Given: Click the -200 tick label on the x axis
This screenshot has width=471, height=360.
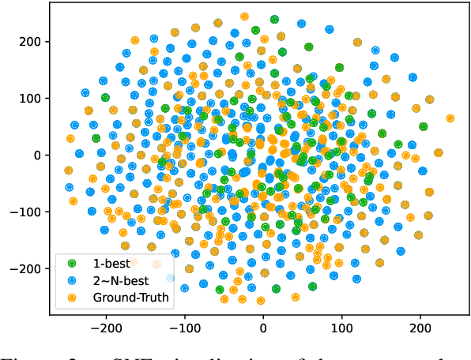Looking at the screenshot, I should pos(104,326).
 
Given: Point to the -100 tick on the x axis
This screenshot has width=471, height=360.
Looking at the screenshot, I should pos(183,326).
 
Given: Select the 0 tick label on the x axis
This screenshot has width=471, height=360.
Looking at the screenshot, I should pos(263,326).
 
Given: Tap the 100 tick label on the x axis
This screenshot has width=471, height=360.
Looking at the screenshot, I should pos(342,326).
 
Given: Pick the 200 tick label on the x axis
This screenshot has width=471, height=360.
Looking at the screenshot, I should pos(421,326).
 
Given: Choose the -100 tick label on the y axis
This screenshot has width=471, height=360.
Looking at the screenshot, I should pos(27,212).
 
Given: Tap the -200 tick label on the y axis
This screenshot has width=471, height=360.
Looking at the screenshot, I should pos(27,268).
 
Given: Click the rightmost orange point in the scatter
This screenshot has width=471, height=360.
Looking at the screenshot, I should pos(450,118).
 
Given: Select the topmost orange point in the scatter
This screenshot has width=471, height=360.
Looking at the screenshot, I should pos(244,16).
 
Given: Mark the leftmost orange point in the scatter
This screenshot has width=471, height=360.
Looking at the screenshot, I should pos(68,171).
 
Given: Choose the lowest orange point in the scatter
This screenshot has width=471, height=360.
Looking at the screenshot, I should pos(261,301).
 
